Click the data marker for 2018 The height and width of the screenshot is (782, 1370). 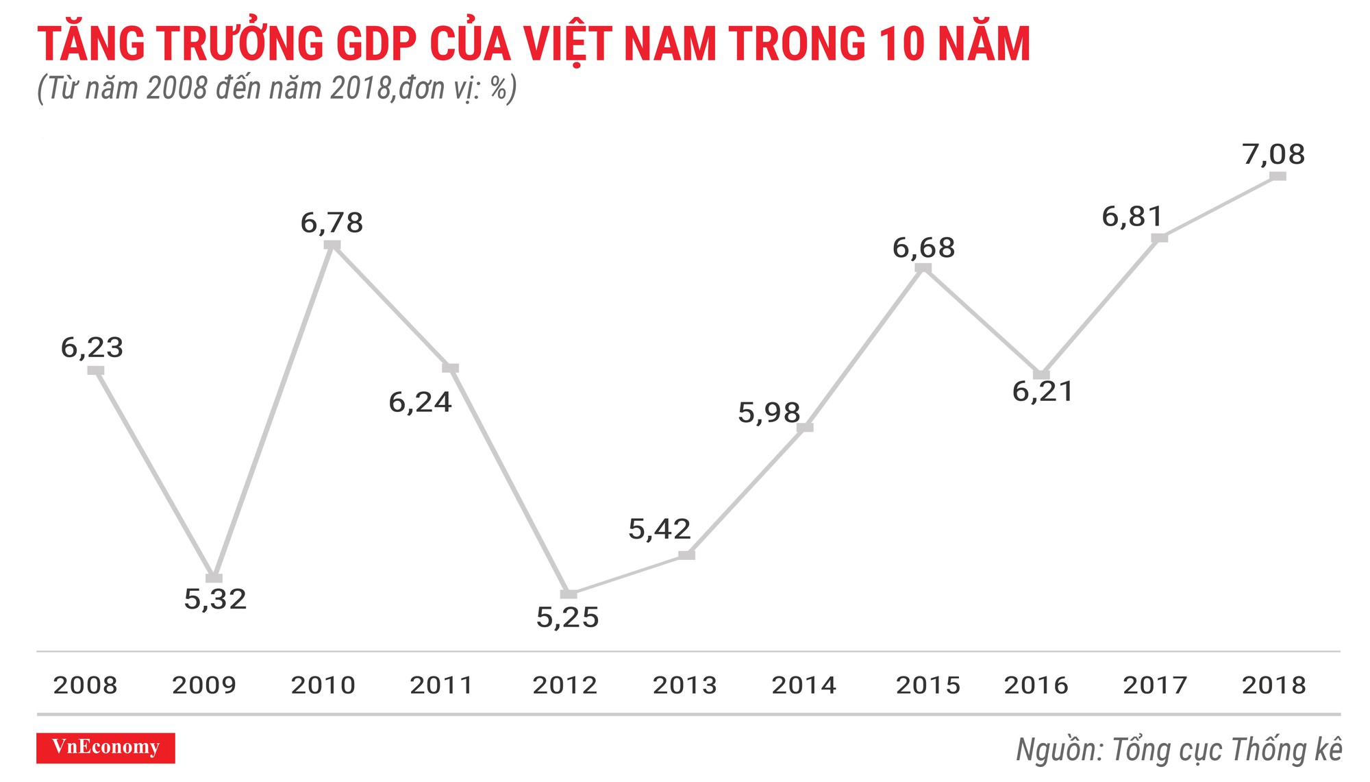pos(1278,176)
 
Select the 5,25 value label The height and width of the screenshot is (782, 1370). pos(567,618)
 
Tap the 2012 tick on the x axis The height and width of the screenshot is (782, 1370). pos(565,685)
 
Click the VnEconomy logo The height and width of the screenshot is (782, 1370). pos(105,747)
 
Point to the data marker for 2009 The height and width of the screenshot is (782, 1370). pos(214,578)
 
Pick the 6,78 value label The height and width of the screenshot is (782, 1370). pos(332,223)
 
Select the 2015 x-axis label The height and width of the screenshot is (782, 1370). pos(928,685)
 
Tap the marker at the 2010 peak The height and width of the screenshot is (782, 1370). pos(332,245)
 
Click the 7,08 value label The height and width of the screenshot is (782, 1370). pos(1273,154)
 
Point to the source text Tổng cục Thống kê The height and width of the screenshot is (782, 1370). pos(1226,750)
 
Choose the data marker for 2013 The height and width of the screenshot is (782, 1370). pos(686,554)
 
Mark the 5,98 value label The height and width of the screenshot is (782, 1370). pos(769,413)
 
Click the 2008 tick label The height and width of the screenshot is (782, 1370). pos(85,685)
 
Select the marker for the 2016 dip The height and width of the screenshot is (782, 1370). pos(1041,374)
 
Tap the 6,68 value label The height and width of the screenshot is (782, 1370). pos(923,248)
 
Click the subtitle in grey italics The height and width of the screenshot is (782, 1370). pos(277,88)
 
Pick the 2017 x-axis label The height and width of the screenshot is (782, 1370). pos(1155,685)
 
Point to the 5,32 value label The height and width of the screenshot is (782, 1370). pos(215,600)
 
